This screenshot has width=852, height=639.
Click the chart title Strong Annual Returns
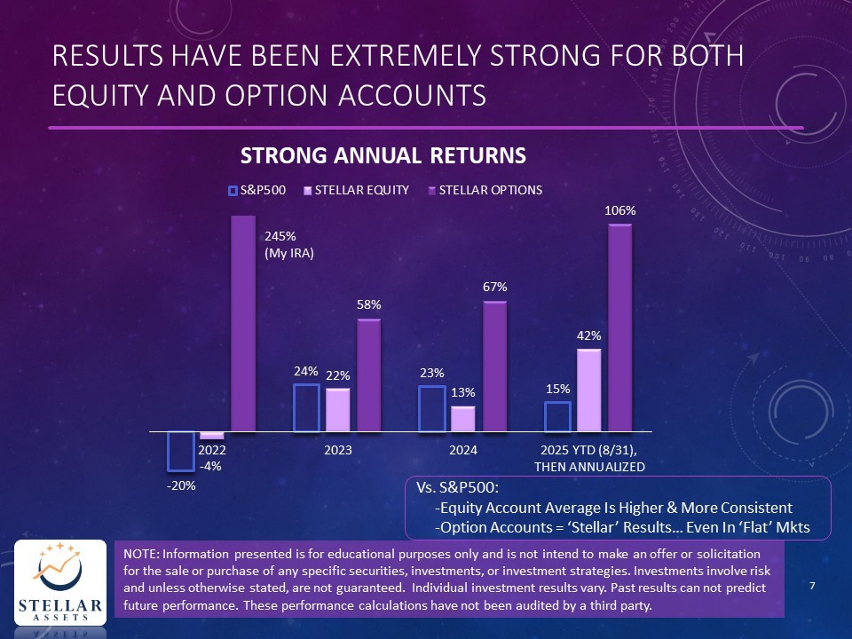pyautogui.click(x=383, y=156)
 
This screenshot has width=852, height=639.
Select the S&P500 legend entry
pyautogui.click(x=260, y=190)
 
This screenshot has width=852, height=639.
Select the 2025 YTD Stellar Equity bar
pyautogui.click(x=588, y=390)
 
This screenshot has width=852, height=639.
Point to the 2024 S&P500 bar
pyautogui.click(x=431, y=408)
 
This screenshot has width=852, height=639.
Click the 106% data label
pyautogui.click(x=619, y=211)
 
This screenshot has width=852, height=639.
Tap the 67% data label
pyautogui.click(x=494, y=287)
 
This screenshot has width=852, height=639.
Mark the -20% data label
pyautogui.click(x=181, y=486)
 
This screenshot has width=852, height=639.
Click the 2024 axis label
pyautogui.click(x=463, y=451)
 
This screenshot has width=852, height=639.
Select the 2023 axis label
pyautogui.click(x=337, y=451)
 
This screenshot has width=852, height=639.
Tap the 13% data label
pyautogui.click(x=463, y=391)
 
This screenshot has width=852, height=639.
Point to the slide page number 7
pyautogui.click(x=813, y=586)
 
